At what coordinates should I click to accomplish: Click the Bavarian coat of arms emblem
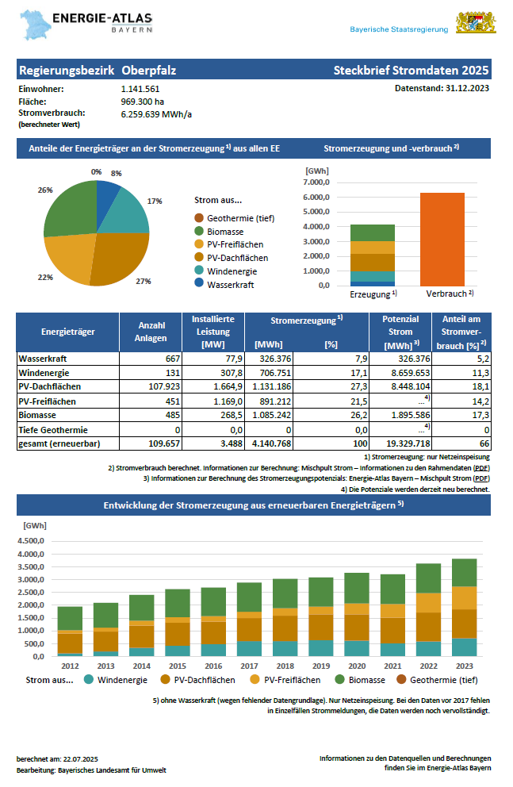476,23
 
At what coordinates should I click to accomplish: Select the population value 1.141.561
140,89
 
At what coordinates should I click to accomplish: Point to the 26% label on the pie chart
44,190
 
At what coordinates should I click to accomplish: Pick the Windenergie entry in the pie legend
232,271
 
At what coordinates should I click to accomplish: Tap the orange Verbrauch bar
442,239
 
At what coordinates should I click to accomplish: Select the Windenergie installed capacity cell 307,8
226,372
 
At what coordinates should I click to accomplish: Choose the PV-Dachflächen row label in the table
50,386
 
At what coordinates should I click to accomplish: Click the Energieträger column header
67,332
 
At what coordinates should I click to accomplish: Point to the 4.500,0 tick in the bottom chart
33,541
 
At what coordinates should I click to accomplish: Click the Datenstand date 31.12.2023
465,88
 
